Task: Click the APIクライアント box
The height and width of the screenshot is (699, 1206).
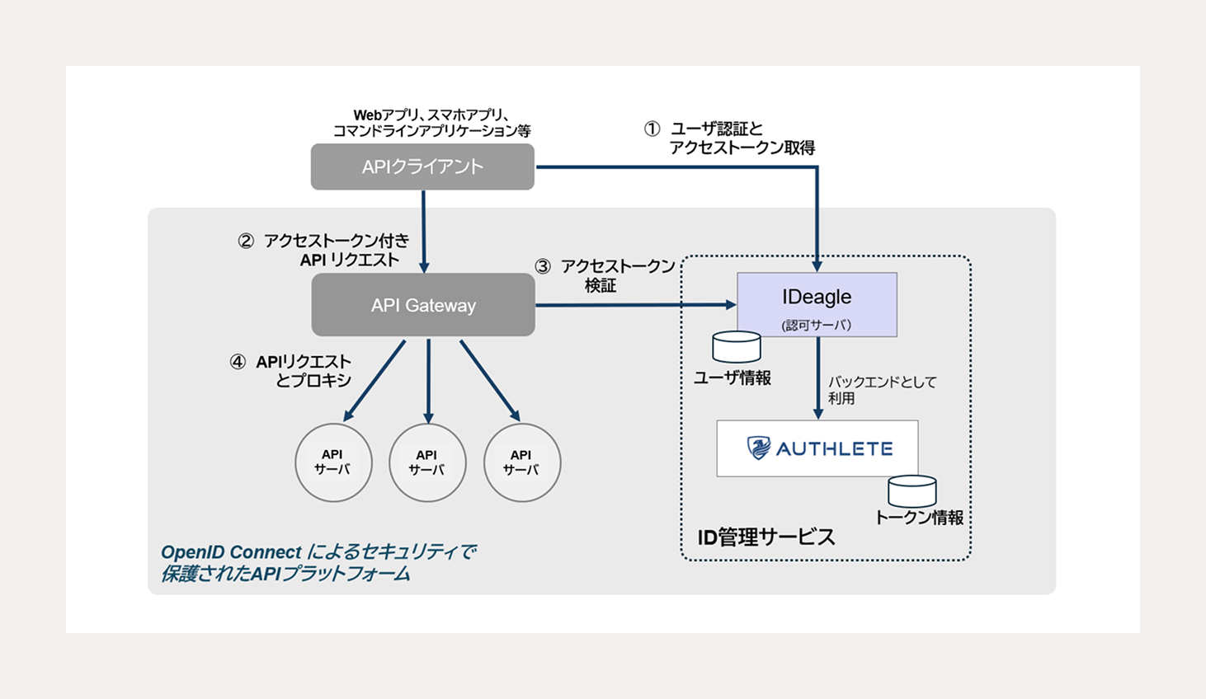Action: (422, 167)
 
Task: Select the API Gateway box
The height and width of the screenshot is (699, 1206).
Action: (423, 305)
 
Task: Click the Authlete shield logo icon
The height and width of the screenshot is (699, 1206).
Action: (758, 448)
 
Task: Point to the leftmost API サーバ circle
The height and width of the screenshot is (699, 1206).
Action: (333, 462)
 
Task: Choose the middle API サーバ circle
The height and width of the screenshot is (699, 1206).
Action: (427, 462)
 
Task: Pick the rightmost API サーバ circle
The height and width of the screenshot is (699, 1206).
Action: (521, 462)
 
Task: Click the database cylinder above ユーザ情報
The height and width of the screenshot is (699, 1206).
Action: (736, 347)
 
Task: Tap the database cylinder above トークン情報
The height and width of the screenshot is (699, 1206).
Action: (912, 491)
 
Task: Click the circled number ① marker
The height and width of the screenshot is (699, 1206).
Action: (652, 129)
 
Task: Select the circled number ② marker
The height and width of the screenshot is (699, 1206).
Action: (245, 242)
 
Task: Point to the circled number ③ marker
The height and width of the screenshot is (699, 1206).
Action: (542, 267)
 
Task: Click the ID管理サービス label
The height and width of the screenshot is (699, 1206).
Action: (766, 537)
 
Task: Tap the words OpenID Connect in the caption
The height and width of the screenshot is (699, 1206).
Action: (231, 552)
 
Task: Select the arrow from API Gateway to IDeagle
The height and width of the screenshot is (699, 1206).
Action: (635, 305)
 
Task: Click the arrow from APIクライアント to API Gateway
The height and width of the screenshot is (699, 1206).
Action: (424, 231)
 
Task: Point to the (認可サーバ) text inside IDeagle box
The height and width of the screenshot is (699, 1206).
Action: (816, 325)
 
